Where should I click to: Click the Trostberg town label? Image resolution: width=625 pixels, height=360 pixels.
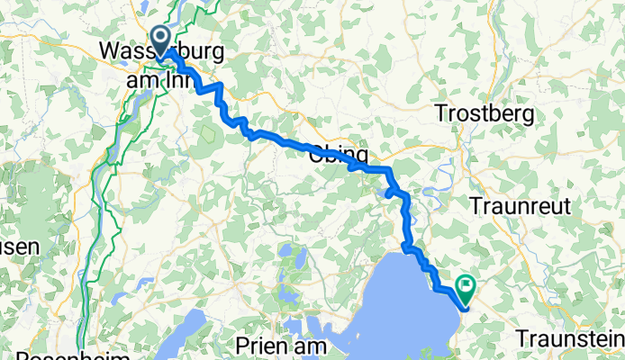click(485, 113)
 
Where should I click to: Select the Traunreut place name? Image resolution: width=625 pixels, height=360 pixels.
click(521, 205)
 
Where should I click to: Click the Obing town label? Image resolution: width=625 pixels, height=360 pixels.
click(338, 154)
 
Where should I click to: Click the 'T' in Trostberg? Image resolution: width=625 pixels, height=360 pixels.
click(440, 113)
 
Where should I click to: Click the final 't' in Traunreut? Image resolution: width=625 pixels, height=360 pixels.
click(567, 205)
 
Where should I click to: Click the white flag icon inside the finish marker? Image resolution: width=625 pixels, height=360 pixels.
click(466, 287)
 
